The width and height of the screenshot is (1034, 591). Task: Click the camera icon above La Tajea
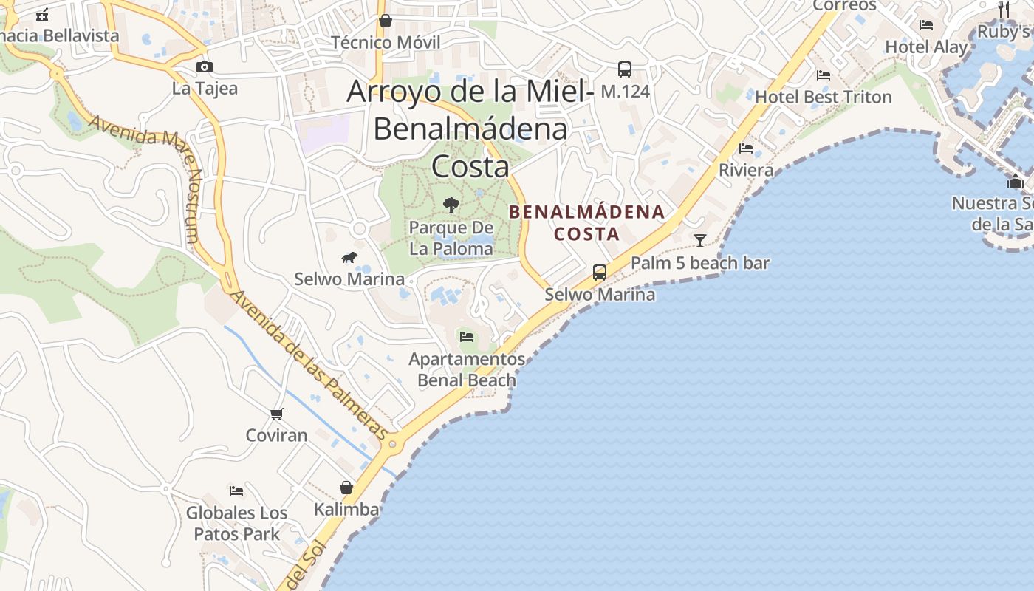pyautogui.click(x=205, y=67)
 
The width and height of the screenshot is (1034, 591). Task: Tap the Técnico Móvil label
pyautogui.click(x=386, y=42)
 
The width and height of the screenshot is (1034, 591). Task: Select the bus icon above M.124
pyautogui.click(x=625, y=70)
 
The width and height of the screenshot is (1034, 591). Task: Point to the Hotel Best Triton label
pyautogui.click(x=823, y=97)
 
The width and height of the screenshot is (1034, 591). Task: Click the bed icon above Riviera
pyautogui.click(x=746, y=148)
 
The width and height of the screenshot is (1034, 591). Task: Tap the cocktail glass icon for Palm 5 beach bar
pyautogui.click(x=699, y=241)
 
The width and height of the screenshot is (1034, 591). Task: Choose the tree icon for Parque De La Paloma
pyautogui.click(x=451, y=205)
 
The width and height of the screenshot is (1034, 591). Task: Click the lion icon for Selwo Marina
pyautogui.click(x=349, y=257)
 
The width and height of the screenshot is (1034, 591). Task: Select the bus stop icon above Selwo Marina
pyautogui.click(x=600, y=273)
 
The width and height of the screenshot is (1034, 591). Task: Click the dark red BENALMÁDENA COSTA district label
pyautogui.click(x=586, y=223)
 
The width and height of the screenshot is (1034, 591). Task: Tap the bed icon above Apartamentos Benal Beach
pyautogui.click(x=467, y=337)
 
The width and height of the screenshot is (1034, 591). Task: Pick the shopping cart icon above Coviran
pyautogui.click(x=277, y=414)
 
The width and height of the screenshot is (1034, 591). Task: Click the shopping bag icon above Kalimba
pyautogui.click(x=346, y=488)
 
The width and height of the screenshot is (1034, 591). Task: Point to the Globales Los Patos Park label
pyautogui.click(x=236, y=523)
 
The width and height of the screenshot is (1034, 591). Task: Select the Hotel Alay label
pyautogui.click(x=926, y=47)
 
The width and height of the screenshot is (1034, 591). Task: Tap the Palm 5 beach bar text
pyautogui.click(x=699, y=263)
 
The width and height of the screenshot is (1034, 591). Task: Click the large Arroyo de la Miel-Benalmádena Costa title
pyautogui.click(x=470, y=129)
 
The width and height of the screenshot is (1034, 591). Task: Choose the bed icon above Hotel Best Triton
pyautogui.click(x=824, y=75)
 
